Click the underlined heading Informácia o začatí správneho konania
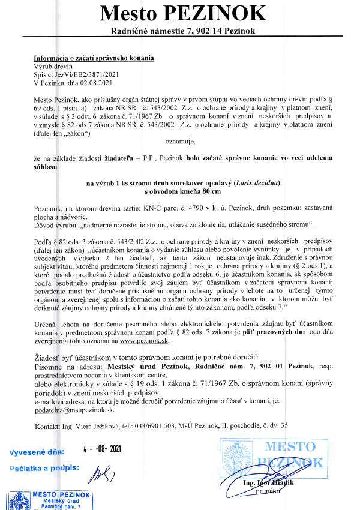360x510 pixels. (x=94, y=58)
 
